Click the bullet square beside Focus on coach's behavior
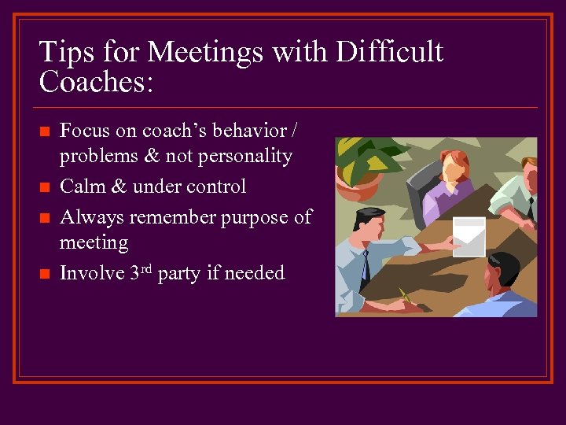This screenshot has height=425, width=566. [x=46, y=130]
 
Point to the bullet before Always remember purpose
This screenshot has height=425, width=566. [x=46, y=217]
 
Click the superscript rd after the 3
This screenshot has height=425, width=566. [x=147, y=268]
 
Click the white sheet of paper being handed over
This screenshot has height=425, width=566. [x=469, y=236]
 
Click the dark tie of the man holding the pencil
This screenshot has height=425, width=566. [x=365, y=267]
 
